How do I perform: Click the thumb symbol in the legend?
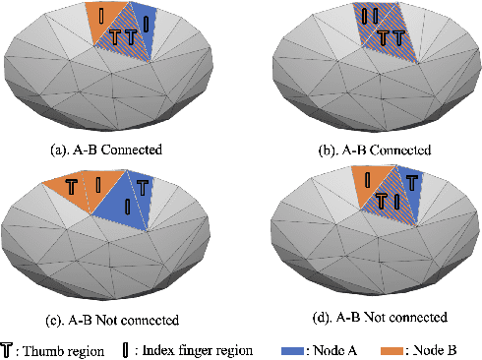(x=10, y=348)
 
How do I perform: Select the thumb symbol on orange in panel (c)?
(x=72, y=184)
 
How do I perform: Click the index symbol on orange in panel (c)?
(x=98, y=184)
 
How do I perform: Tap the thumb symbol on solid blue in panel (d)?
(x=412, y=184)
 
